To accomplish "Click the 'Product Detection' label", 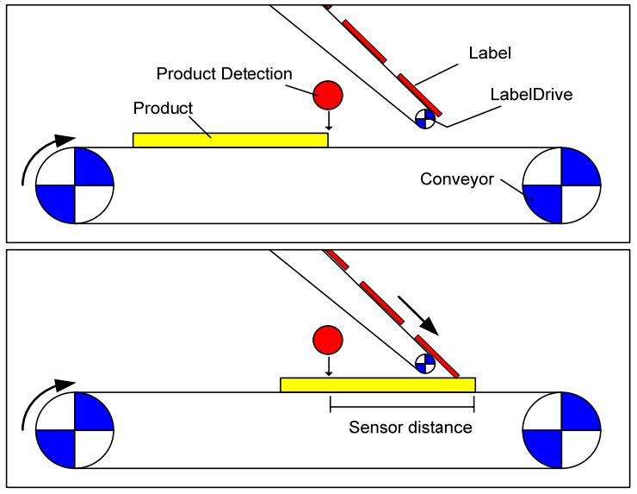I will (224, 74).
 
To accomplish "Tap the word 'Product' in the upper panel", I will (163, 109).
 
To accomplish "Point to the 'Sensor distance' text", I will (411, 427).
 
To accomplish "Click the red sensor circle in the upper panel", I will (327, 95).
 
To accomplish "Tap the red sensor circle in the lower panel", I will (328, 341).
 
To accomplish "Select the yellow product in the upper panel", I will (231, 140).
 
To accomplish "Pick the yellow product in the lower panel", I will (378, 385).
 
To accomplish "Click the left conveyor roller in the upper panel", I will (75, 185).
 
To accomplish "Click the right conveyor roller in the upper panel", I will (561, 185).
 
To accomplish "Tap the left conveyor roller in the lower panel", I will (75, 430).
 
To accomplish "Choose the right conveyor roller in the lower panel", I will (561, 430).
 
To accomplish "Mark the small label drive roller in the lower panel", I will (425, 364).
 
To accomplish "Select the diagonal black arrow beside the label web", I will (418, 316).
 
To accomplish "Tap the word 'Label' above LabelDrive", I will (490, 53).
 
